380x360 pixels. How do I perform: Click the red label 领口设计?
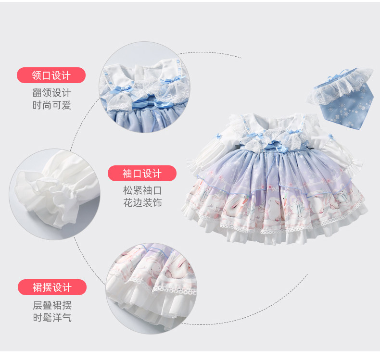[x=51, y=75]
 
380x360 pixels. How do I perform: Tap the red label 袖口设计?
[x=142, y=173]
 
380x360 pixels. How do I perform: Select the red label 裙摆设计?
[x=52, y=287]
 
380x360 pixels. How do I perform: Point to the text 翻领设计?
[x=51, y=93]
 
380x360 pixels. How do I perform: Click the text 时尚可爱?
[x=51, y=105]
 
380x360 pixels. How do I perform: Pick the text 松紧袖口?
[x=142, y=190]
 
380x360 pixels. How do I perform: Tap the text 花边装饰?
[x=142, y=203]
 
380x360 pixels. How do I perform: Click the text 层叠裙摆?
[x=52, y=305]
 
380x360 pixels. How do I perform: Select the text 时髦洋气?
[x=52, y=317]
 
